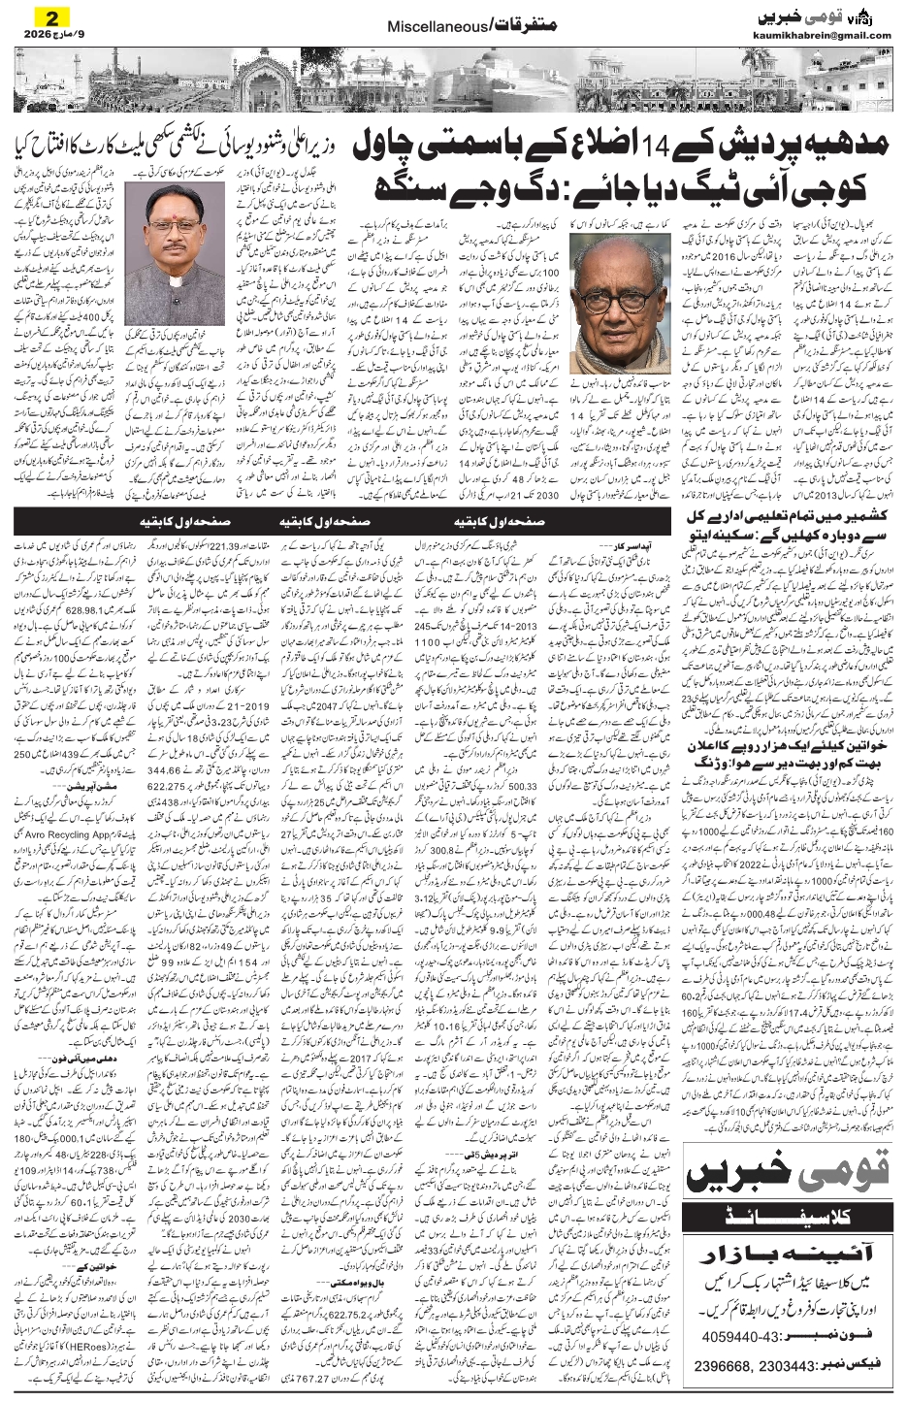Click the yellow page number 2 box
coord(40,16)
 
